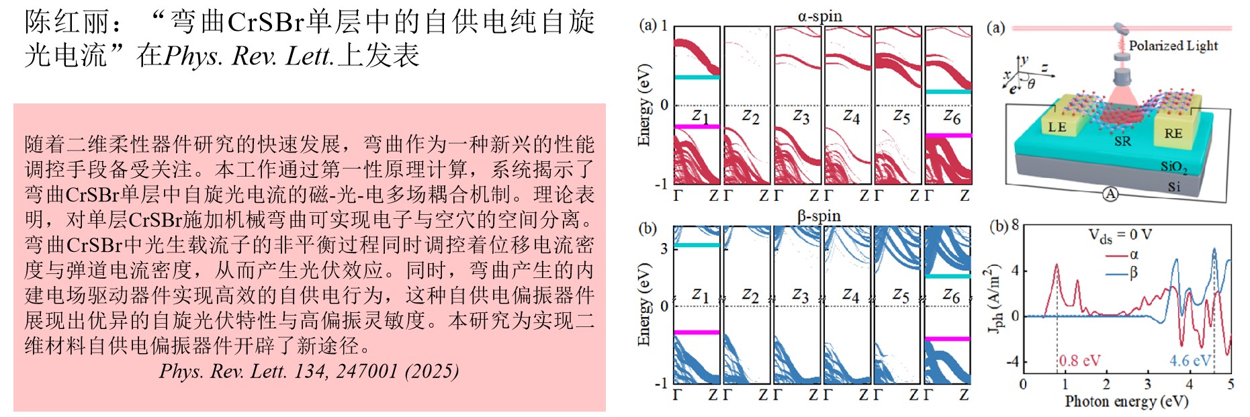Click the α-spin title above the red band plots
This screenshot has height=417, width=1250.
(x=819, y=16)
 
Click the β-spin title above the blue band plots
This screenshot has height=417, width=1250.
(x=819, y=216)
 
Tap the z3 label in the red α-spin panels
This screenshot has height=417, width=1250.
(x=801, y=117)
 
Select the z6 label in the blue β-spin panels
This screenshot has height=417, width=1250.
(x=951, y=295)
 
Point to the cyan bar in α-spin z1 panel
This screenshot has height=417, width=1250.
(x=697, y=77)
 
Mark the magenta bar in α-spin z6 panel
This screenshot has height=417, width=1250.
(x=948, y=136)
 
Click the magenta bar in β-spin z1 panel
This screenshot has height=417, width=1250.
(x=697, y=332)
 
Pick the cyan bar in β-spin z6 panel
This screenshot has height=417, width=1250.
(x=948, y=276)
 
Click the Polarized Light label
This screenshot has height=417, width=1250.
(x=1173, y=46)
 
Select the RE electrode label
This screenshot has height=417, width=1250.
(x=1173, y=133)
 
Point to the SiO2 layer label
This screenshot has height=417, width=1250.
(x=1174, y=167)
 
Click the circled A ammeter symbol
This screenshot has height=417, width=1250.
(x=1110, y=194)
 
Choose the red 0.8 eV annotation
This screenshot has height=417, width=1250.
(x=1080, y=361)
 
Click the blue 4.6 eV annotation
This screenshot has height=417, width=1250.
(x=1190, y=361)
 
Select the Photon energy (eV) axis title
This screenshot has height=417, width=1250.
(x=1126, y=402)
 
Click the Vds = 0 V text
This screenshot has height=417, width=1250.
(x=1120, y=235)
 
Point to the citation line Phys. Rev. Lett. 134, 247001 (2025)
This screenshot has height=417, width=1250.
(x=309, y=371)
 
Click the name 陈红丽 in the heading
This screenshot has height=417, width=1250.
(x=67, y=22)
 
